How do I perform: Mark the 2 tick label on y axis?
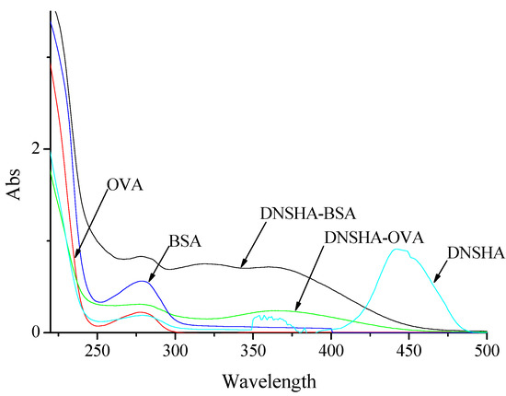tap(35, 148)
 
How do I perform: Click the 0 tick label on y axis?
tap(35, 332)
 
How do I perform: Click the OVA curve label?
tap(124, 186)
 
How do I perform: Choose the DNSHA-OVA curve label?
tap(374, 237)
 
